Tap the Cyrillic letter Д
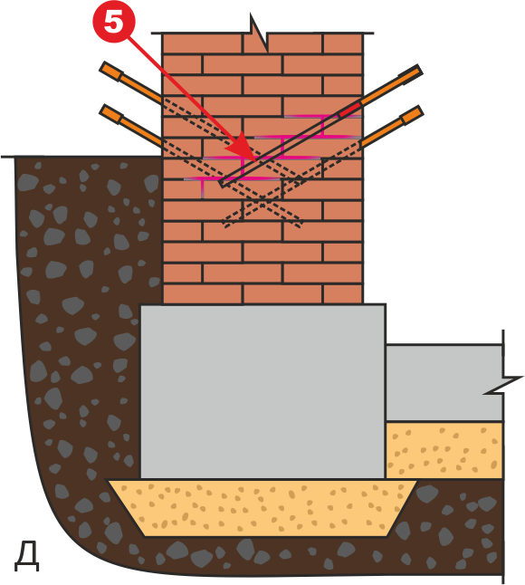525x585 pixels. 27,558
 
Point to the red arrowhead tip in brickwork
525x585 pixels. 255,161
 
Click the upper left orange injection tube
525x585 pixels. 130,82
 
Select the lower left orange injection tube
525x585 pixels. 130,125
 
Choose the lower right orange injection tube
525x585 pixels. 392,127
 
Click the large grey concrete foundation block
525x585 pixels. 262,391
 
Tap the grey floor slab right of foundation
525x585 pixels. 444,383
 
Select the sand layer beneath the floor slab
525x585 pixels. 444,450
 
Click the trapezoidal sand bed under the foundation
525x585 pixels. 262,508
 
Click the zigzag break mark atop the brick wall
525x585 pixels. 258,34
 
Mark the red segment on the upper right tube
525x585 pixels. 349,110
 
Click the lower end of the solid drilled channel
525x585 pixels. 223,184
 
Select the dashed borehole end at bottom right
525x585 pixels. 301,225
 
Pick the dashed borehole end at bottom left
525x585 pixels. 224,224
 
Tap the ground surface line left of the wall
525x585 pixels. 82,157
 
